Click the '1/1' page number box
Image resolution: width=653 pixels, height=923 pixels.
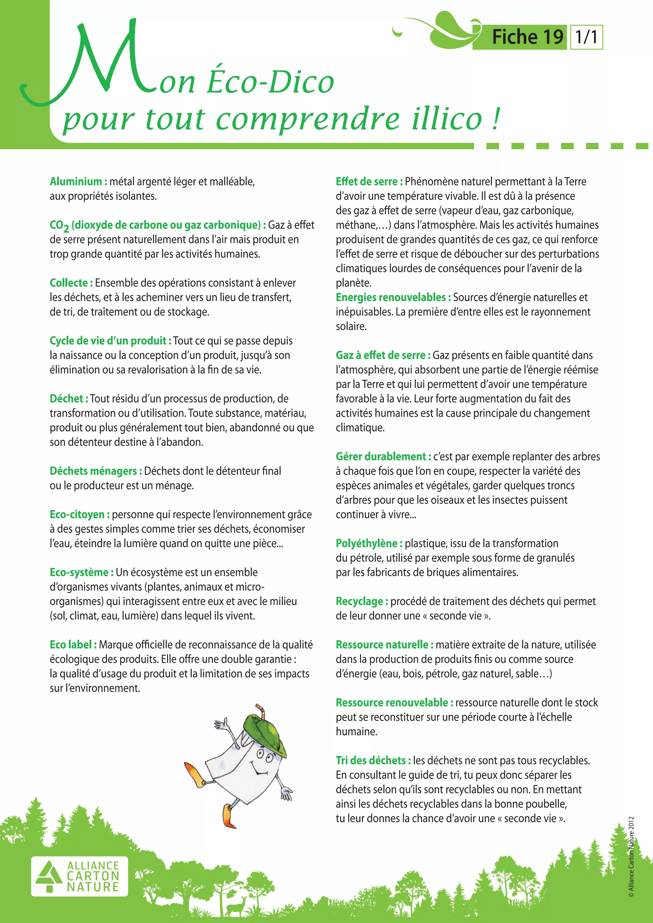[x=586, y=37]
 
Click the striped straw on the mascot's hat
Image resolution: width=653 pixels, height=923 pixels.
[x=262, y=711]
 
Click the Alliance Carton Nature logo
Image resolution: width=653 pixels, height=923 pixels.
[x=80, y=877]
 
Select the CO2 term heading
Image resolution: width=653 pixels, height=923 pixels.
[x=157, y=225]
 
